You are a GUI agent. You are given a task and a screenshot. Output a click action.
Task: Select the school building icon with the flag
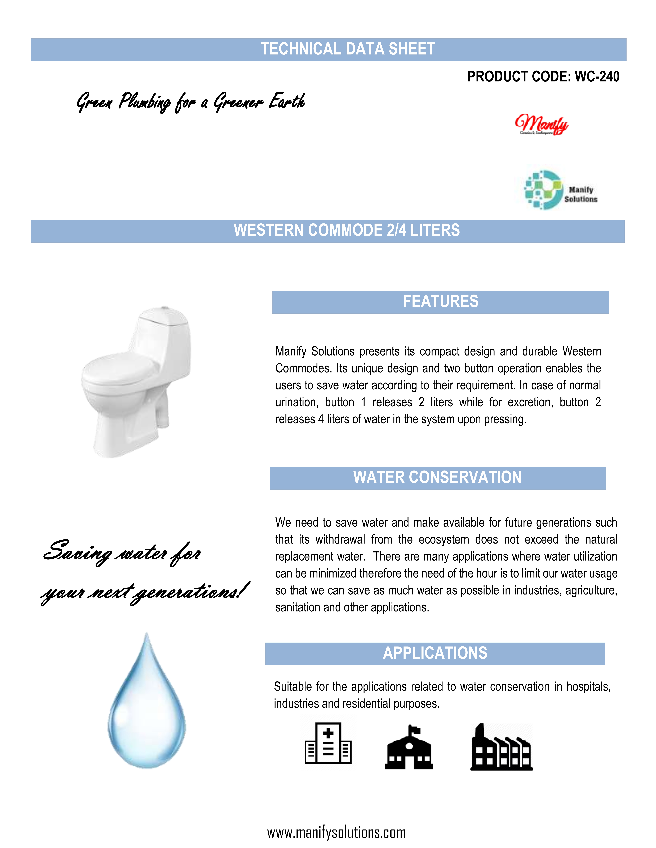pyautogui.click(x=409, y=747)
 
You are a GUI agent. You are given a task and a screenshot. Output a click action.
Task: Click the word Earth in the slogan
pyautogui.click(x=287, y=101)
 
